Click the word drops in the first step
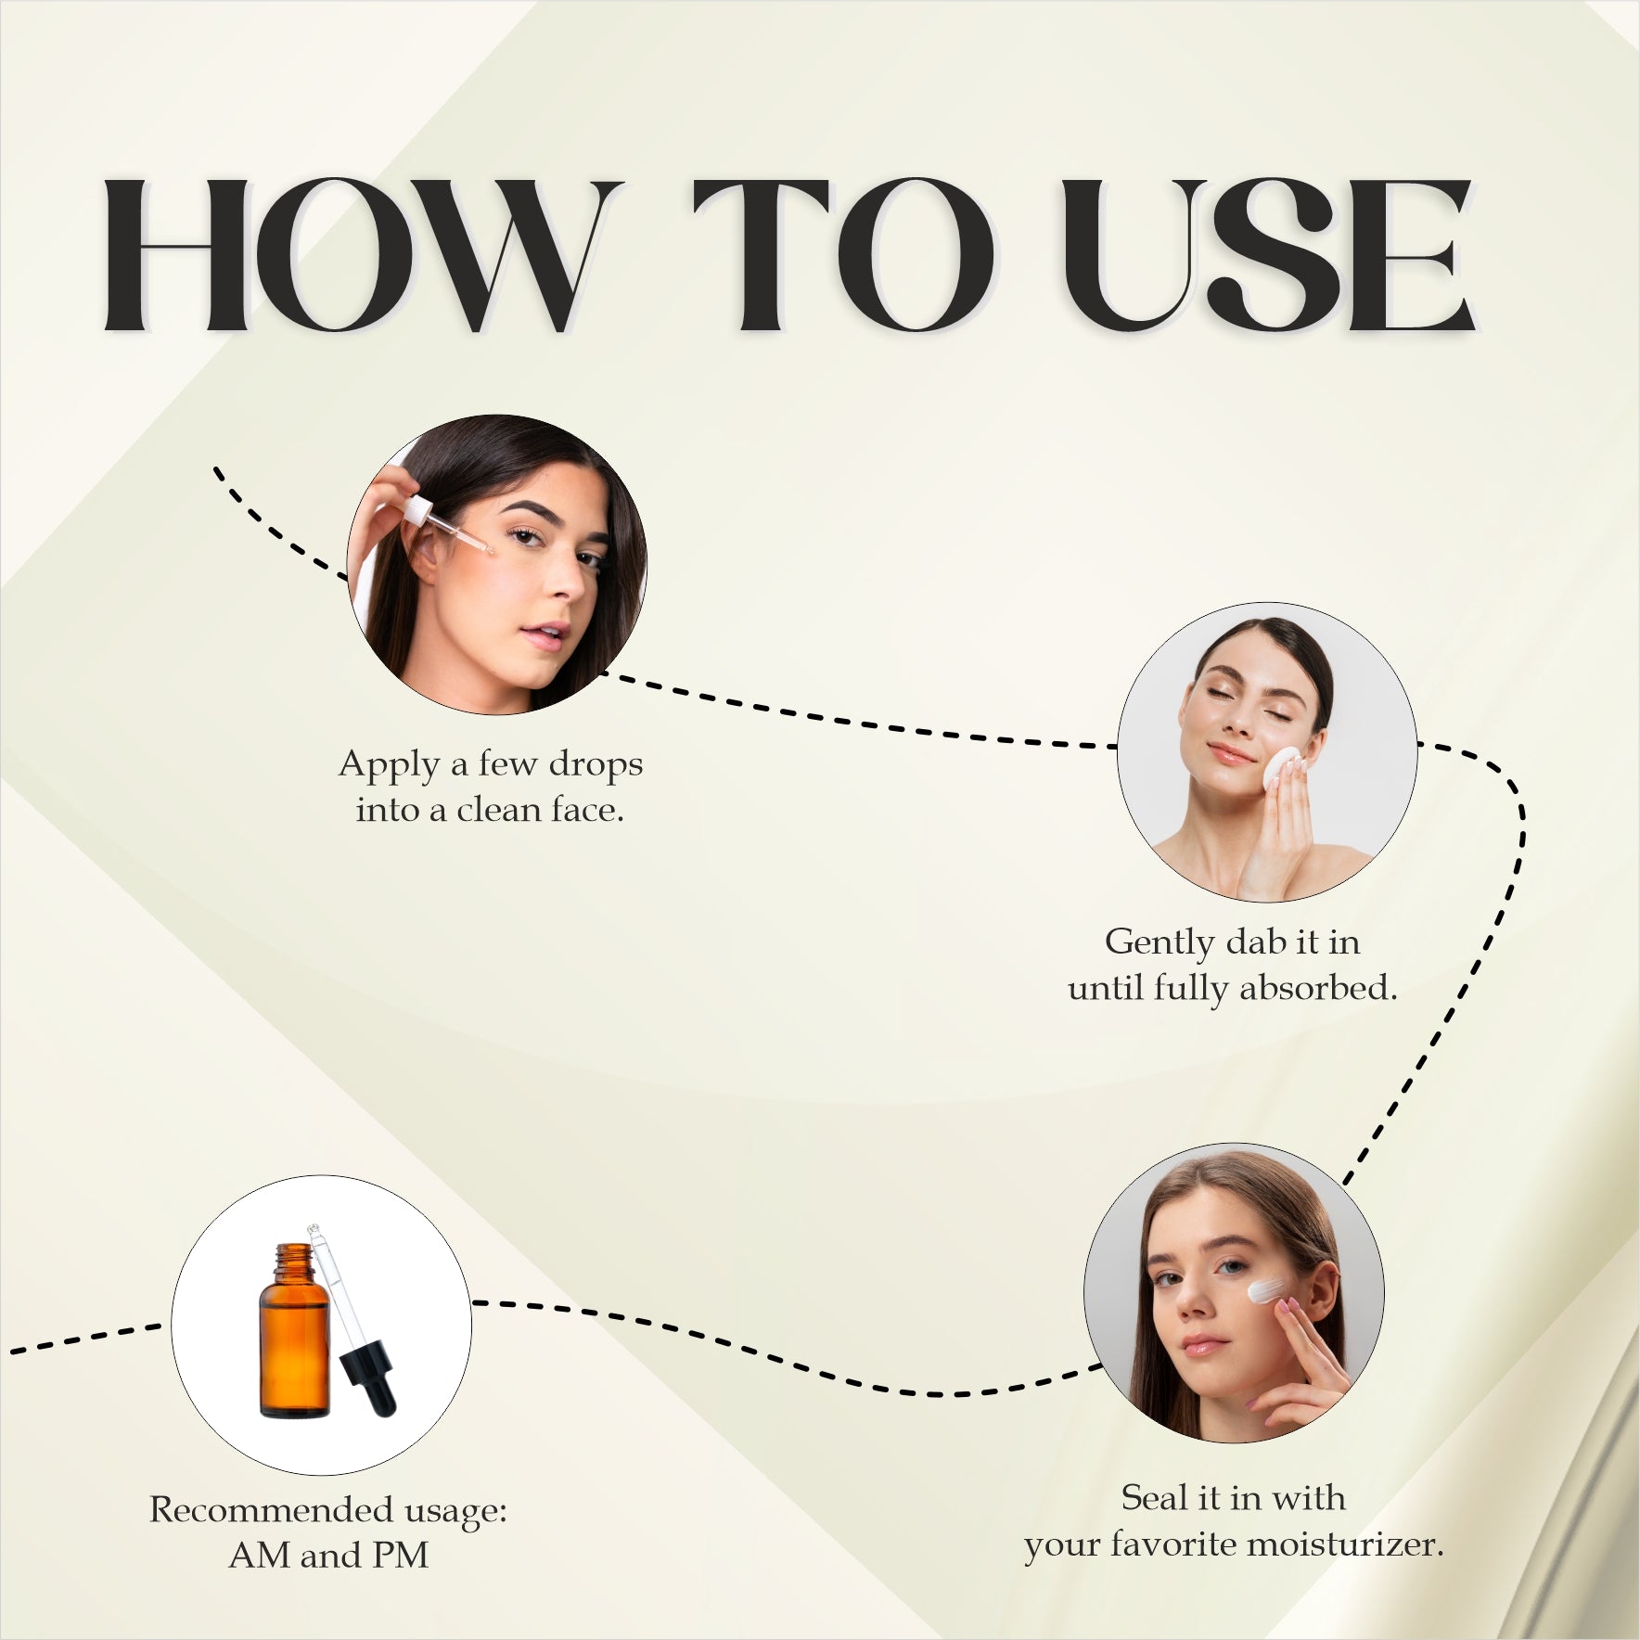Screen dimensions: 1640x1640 [x=596, y=764]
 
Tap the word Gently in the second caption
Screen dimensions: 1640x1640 [x=1159, y=943]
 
